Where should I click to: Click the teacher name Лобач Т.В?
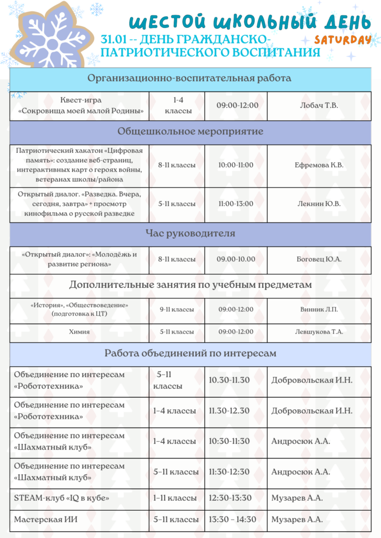[x=319, y=106]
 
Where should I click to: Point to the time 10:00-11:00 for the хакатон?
[x=236, y=165]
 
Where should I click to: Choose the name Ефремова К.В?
[x=319, y=165]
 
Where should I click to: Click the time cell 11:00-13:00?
[x=236, y=204]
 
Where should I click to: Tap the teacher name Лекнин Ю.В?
[x=319, y=204]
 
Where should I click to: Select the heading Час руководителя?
[x=190, y=233]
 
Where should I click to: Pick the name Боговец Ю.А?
[x=319, y=259]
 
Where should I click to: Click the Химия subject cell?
[x=79, y=332]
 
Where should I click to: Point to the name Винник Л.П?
[x=319, y=309]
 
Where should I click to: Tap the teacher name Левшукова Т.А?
[x=319, y=332]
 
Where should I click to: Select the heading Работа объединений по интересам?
[x=190, y=354]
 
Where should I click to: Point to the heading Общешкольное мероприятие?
[x=190, y=131]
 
